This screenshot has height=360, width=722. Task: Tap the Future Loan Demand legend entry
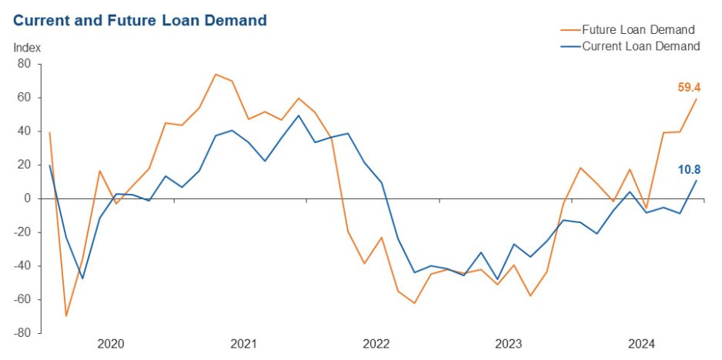pyautogui.click(x=627, y=30)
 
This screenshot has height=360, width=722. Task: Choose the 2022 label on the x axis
pyautogui.click(x=376, y=344)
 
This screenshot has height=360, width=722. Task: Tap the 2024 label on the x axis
pyautogui.click(x=641, y=344)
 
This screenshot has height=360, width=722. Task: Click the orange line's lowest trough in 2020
pyautogui.click(x=66, y=315)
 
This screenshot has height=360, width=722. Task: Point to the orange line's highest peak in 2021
pyautogui.click(x=216, y=75)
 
